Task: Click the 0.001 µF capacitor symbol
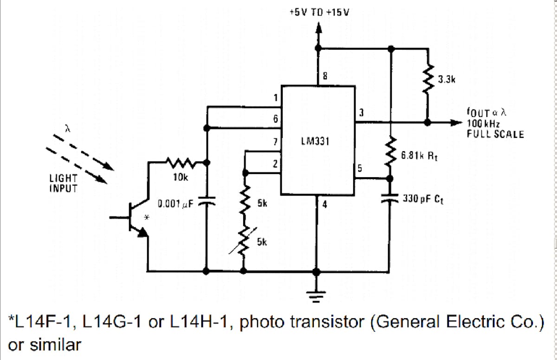(207, 203)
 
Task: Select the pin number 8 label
(325, 77)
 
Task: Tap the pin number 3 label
(361, 113)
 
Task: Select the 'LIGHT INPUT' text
(64, 184)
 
